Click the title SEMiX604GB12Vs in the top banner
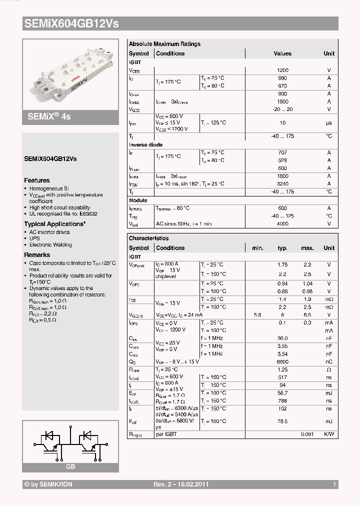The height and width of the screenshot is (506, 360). (71, 23)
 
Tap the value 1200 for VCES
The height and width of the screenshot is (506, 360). (282, 70)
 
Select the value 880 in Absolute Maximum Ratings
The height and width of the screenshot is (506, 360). (282, 78)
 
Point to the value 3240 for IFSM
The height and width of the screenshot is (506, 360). (282, 184)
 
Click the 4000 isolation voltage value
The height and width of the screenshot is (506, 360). (282, 224)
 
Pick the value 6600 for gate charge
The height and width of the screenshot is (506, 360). (282, 361)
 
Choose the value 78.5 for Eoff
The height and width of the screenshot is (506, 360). (282, 421)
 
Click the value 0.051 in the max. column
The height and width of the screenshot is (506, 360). (307, 434)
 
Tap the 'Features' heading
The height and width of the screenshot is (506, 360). (37, 180)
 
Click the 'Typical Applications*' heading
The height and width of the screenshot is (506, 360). (54, 224)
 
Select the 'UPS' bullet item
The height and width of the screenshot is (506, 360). (34, 238)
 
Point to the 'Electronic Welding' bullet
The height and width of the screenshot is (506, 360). (50, 245)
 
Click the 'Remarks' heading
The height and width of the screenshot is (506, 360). (37, 255)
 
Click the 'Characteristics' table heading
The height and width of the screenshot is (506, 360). (149, 238)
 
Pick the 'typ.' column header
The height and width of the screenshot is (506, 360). (282, 248)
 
